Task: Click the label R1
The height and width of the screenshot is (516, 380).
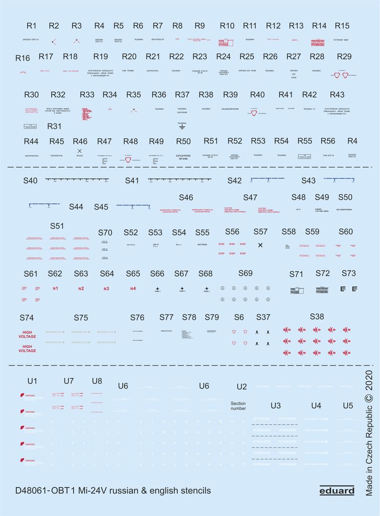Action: [x=32, y=25]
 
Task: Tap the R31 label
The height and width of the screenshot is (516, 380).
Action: [x=54, y=127]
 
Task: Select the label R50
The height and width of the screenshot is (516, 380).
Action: [x=184, y=141]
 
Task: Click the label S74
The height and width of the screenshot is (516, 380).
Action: [x=27, y=318]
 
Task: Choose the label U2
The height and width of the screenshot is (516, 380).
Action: [x=242, y=386]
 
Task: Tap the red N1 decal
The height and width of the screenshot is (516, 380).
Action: [x=55, y=289]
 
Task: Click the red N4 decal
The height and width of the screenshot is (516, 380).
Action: [x=133, y=289]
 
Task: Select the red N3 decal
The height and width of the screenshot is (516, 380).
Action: [x=106, y=289]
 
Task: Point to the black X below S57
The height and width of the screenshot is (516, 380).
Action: [x=260, y=245]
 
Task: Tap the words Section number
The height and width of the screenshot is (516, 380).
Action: [x=238, y=406]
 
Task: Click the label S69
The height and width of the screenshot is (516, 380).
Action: [x=245, y=273]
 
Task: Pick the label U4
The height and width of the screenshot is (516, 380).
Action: [x=316, y=406]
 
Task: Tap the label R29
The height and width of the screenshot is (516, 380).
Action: [x=344, y=56]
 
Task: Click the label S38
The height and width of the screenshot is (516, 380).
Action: [x=317, y=316]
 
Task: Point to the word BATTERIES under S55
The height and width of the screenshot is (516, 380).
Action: [x=203, y=244]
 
